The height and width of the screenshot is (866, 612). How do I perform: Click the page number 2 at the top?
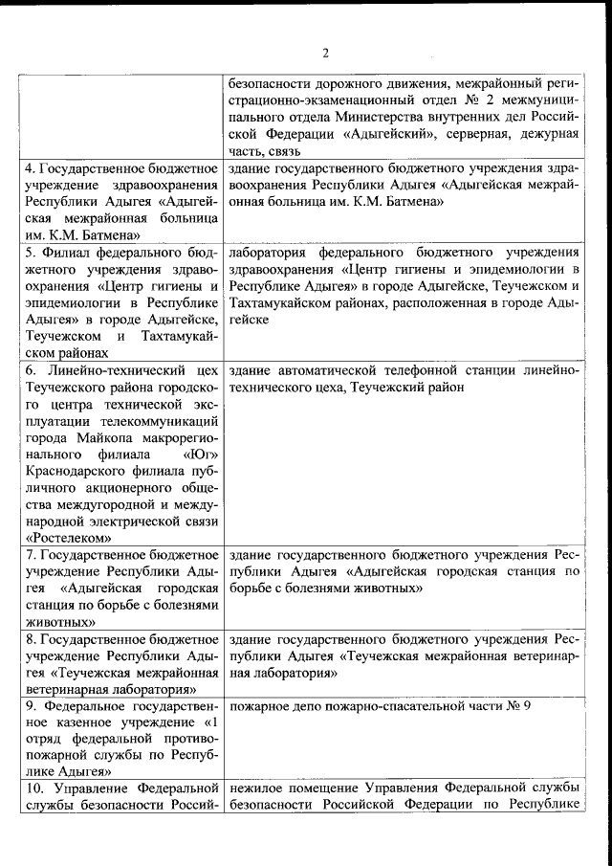pos(325,52)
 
